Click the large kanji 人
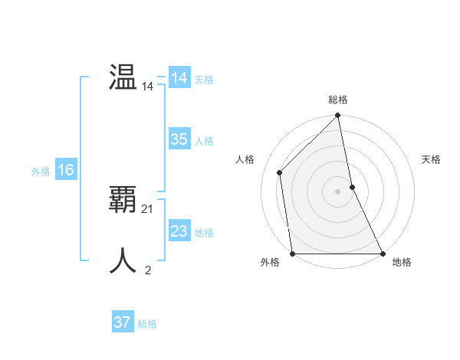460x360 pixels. coord(123,260)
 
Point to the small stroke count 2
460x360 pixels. coord(148,270)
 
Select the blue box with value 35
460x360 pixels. coord(179,139)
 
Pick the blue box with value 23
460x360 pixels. coord(179,231)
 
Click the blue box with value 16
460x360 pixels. coord(65,170)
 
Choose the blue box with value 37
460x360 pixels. coord(122,322)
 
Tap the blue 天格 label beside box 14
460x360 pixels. coord(204,80)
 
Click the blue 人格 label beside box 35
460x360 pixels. coord(204,141)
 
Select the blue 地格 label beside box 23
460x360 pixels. coord(204,233)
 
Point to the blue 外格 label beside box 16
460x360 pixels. coord(41,172)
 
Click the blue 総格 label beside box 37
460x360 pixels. coord(147,324)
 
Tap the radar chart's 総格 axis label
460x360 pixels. coord(338,100)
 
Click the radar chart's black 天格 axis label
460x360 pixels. coord(431,159)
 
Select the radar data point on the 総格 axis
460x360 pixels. coord(338,116)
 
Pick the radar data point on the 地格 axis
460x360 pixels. coord(383,253)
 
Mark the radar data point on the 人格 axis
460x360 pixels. coord(280,172)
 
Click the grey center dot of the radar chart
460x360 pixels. coord(338,191)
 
